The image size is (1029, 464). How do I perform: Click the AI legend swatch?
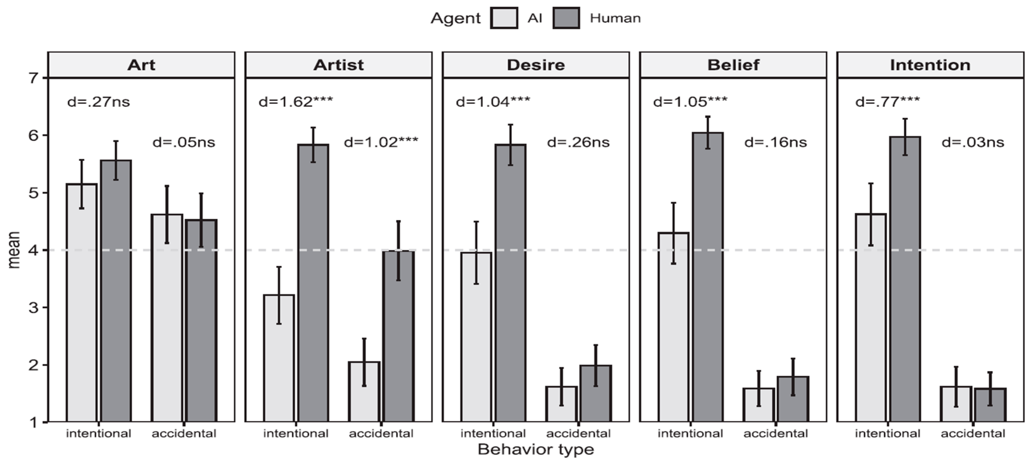pos(504,18)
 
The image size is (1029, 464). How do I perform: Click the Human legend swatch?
pos(566,18)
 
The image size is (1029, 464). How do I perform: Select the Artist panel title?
pos(338,65)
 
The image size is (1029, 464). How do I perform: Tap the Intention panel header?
pos(930,65)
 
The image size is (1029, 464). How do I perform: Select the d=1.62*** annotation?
pos(296,102)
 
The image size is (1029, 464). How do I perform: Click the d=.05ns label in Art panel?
pos(184,142)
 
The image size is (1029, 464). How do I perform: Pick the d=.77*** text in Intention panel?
pos(887,102)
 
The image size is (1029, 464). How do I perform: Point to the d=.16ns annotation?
pos(775,142)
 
